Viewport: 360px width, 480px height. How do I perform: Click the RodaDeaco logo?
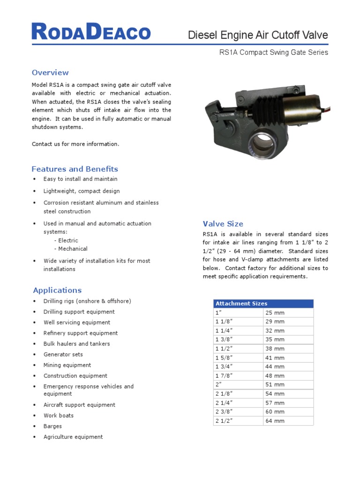click(x=91, y=32)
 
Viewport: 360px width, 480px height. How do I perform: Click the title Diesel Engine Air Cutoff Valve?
click(x=258, y=35)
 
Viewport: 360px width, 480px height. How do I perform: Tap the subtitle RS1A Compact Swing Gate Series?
click(x=274, y=52)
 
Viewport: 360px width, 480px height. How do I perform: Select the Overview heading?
click(x=50, y=73)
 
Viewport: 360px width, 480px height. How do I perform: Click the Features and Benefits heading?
click(x=75, y=169)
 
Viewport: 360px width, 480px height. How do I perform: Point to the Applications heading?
click(x=57, y=290)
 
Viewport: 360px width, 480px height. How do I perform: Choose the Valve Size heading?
click(x=223, y=224)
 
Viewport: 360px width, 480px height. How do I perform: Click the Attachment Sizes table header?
click(x=241, y=304)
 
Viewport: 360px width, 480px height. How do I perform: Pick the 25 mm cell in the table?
click(x=275, y=313)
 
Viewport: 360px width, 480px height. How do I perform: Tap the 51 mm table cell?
click(x=275, y=385)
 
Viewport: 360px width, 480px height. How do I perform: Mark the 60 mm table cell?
click(x=275, y=412)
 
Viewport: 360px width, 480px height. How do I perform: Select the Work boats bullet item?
click(x=59, y=415)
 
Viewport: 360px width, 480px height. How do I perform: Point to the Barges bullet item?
click(x=52, y=426)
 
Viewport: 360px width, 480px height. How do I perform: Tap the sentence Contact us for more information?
click(x=75, y=144)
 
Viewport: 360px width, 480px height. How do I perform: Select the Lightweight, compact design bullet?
click(x=82, y=191)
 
